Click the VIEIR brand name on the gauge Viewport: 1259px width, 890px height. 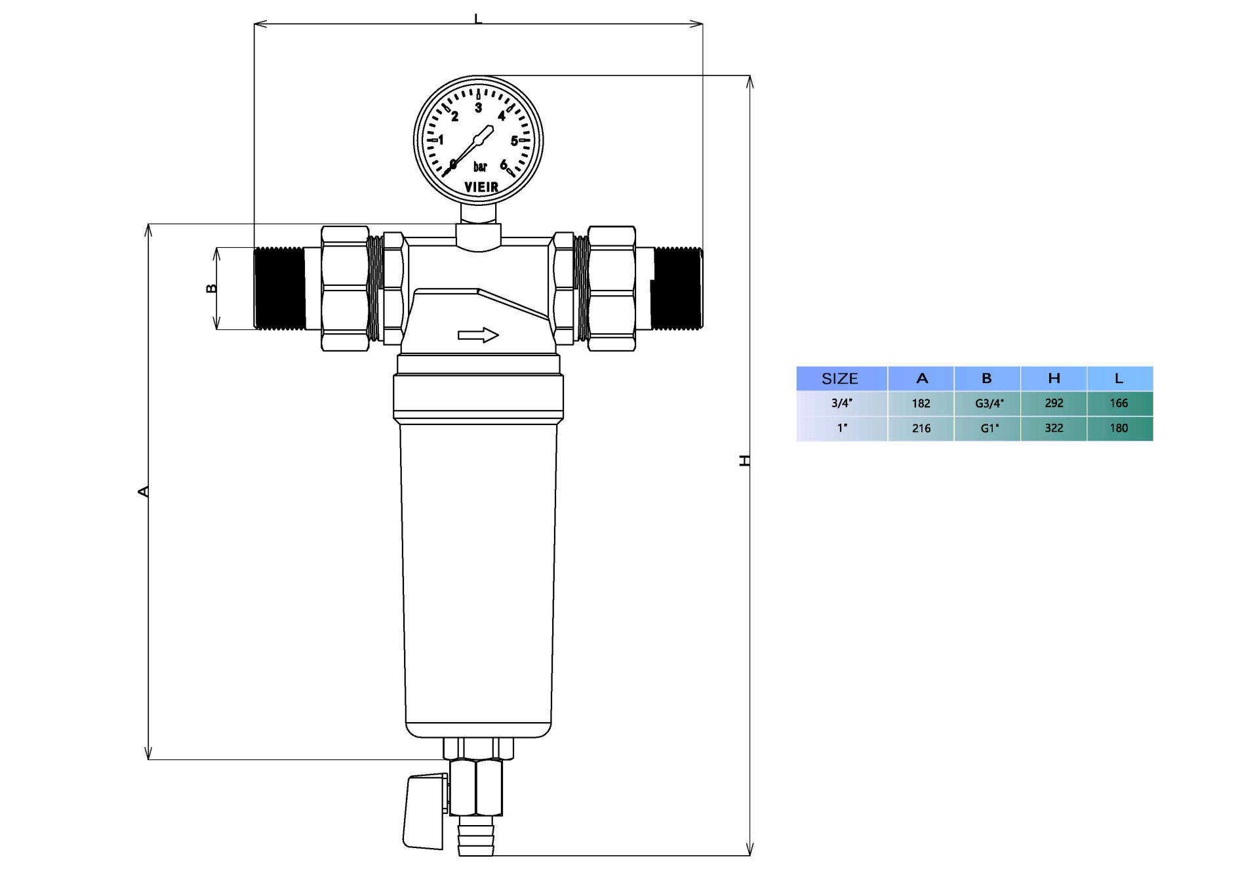(481, 187)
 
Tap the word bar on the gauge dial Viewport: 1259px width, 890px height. (480, 167)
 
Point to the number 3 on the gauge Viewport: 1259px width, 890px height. (479, 108)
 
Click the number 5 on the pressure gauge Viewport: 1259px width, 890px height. (514, 140)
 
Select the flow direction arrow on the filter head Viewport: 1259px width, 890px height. (478, 335)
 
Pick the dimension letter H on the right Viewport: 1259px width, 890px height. (744, 460)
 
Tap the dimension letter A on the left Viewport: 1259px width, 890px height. (143, 491)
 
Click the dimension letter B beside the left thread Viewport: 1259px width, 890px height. (211, 289)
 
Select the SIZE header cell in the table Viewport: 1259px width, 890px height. (840, 378)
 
